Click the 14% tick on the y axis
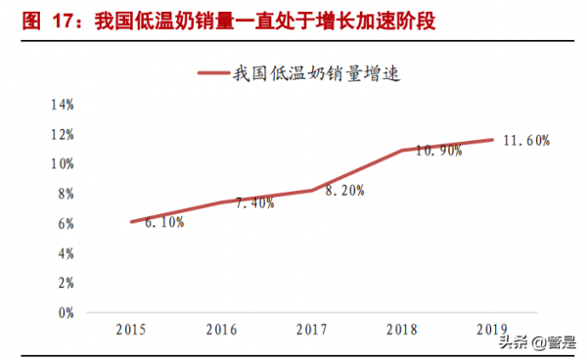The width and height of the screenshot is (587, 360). click(x=62, y=104)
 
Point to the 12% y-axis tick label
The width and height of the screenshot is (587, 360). click(x=62, y=134)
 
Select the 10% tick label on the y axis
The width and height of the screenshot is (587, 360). click(x=62, y=164)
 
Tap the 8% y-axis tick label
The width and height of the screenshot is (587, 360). click(x=65, y=194)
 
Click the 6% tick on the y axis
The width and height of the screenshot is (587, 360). click(x=65, y=224)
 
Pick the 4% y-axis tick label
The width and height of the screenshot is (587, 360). click(x=65, y=253)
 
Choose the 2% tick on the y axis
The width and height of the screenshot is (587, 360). click(x=65, y=284)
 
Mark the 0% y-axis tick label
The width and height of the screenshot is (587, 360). click(x=65, y=314)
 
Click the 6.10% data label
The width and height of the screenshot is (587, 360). click(x=163, y=223)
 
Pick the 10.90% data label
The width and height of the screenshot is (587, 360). click(x=438, y=151)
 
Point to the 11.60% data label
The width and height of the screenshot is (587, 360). click(x=526, y=141)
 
